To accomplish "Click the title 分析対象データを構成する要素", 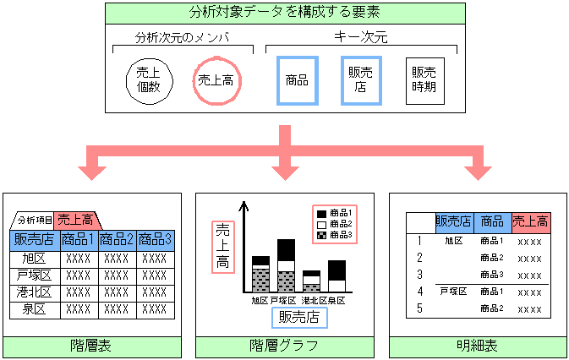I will click(284, 13).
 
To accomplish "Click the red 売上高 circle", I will click(216, 81).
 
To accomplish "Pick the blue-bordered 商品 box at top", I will click(297, 81).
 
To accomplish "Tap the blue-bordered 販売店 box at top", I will click(361, 81).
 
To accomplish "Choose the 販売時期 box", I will click(424, 81).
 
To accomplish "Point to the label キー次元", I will click(361, 38).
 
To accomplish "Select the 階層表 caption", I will click(91, 346).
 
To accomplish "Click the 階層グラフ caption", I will click(284, 346).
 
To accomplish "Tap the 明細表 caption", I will click(478, 346).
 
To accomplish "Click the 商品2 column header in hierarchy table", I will click(117, 240).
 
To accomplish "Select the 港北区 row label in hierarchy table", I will click(34, 292).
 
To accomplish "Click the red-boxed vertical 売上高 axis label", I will click(222, 245).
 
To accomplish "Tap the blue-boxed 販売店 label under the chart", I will click(298, 318).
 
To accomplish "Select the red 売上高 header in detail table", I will click(531, 222).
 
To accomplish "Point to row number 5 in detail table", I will click(419, 308).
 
